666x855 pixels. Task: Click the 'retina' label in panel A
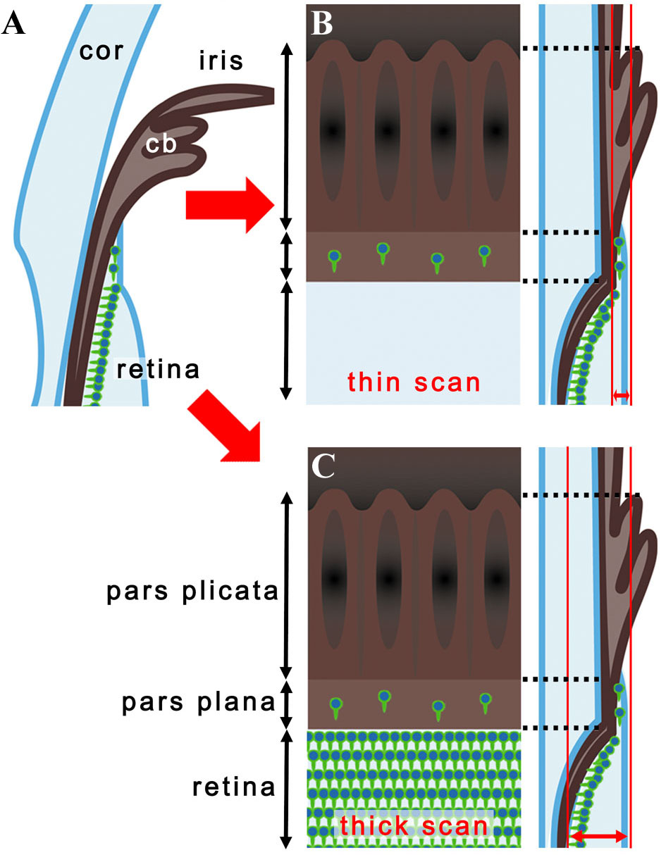(x=159, y=369)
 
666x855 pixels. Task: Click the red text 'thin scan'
(x=414, y=382)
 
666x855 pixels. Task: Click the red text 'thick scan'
(x=414, y=825)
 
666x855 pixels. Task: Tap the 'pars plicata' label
(x=192, y=592)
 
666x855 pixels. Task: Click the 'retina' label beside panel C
(x=233, y=787)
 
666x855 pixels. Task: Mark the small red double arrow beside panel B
(x=621, y=396)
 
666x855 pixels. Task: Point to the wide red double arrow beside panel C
(x=598, y=836)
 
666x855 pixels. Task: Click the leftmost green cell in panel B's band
(x=334, y=259)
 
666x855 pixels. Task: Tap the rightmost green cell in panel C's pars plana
(x=485, y=701)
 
